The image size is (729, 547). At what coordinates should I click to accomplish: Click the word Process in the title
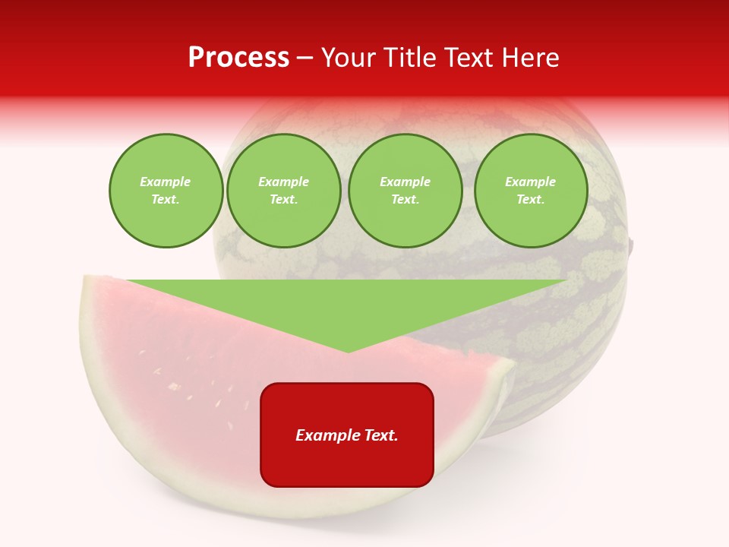point(238,58)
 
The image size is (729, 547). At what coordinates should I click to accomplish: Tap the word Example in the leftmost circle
point(166,182)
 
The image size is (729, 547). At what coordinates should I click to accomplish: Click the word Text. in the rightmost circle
point(530,200)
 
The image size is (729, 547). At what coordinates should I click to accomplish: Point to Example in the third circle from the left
point(405,182)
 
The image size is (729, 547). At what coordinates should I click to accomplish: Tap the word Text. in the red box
point(381,435)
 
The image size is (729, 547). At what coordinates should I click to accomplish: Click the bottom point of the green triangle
point(348,352)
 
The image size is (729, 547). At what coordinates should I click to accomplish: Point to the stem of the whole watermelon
point(631,245)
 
